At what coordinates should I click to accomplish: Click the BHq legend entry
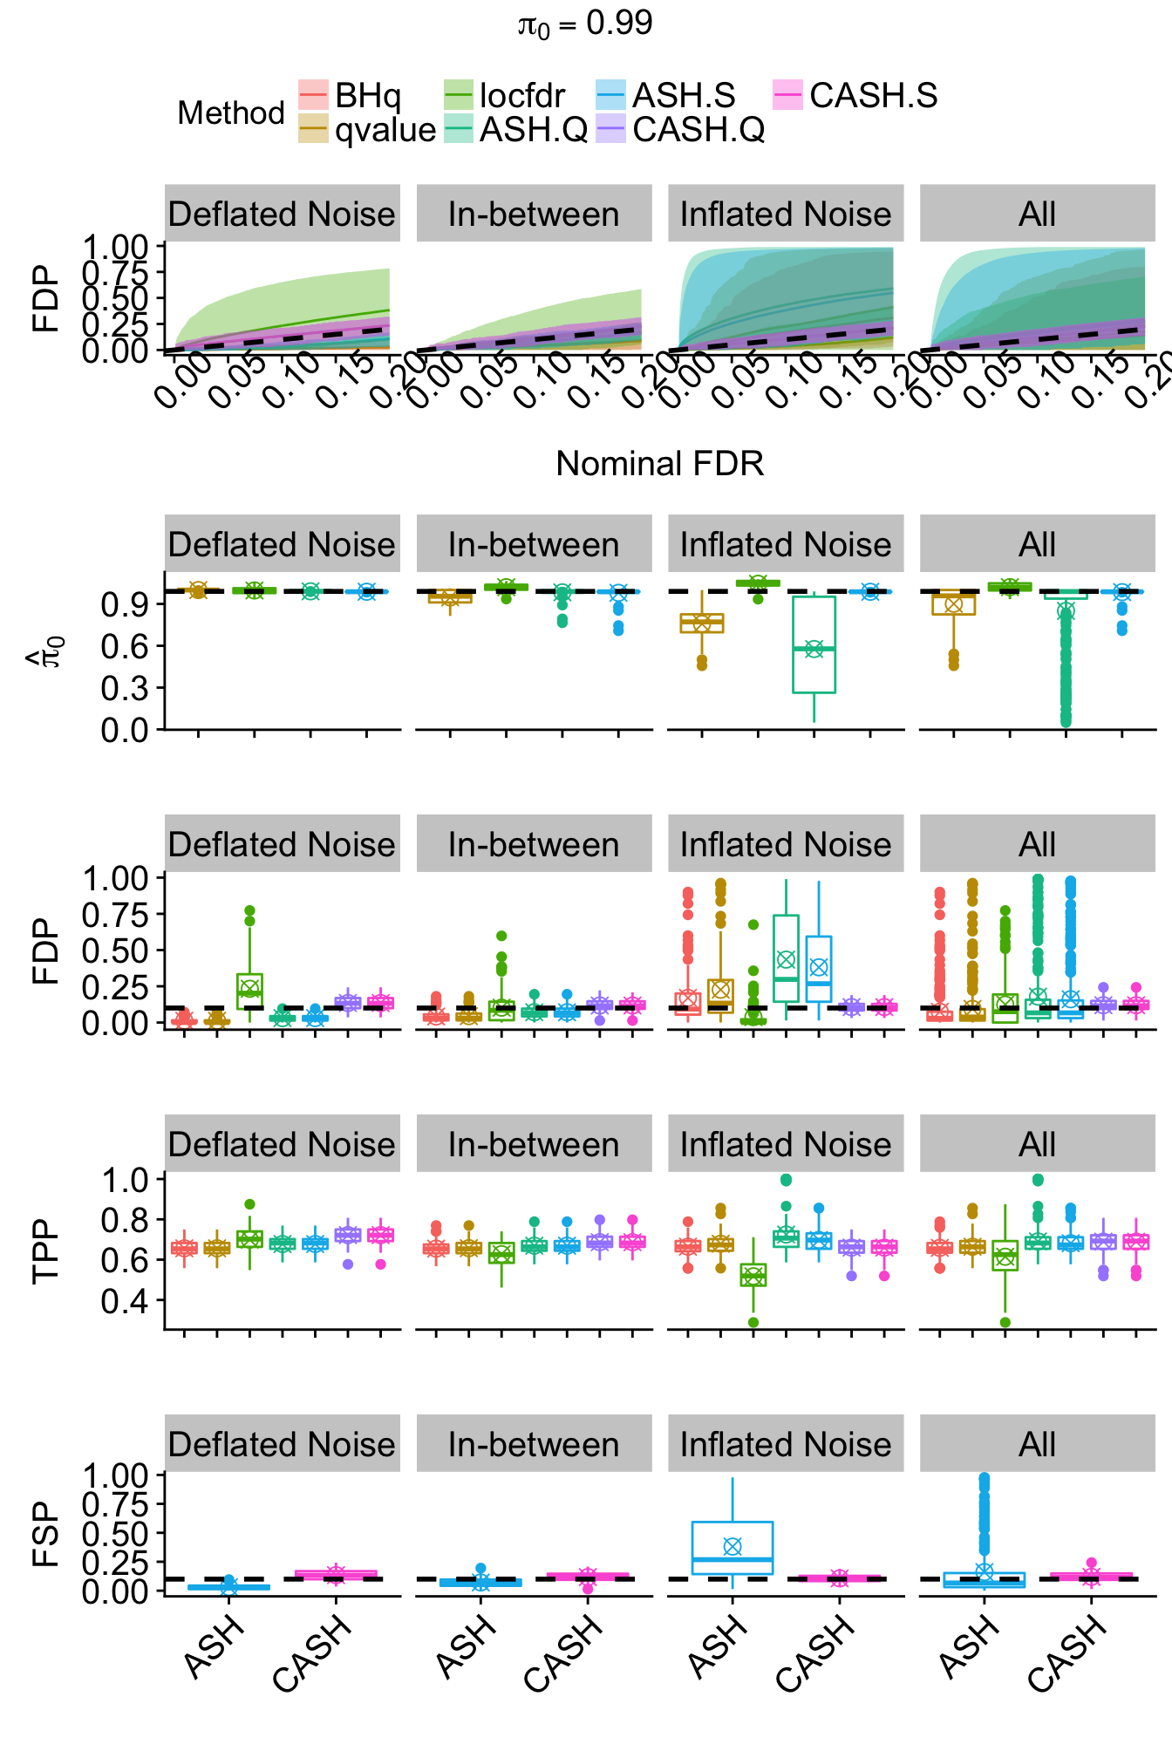(x=350, y=95)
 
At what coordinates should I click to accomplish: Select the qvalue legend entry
(x=367, y=129)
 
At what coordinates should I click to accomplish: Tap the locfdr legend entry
(x=504, y=95)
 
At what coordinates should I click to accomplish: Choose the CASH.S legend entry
(x=855, y=95)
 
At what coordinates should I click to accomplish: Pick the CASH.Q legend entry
(x=680, y=129)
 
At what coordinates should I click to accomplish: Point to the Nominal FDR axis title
(x=659, y=464)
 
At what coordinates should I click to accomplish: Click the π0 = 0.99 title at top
(x=585, y=24)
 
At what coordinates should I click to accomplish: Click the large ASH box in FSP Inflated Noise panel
(x=732, y=1548)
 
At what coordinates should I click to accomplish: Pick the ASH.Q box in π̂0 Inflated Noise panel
(x=814, y=645)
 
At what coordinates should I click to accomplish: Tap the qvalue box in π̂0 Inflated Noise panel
(x=702, y=623)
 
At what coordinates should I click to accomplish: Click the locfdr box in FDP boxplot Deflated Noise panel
(x=249, y=991)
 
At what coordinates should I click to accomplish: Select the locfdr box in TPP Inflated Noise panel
(x=753, y=1275)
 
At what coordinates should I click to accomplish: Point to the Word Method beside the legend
(x=231, y=113)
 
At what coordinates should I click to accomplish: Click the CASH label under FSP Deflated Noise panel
(x=311, y=1652)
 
